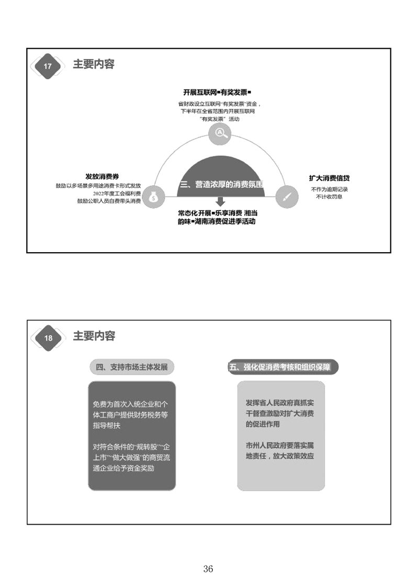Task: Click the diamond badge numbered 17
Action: [48, 66]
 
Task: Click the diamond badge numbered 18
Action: [48, 338]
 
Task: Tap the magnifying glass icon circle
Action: [220, 133]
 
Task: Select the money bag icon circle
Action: [153, 197]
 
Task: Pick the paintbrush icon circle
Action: [287, 197]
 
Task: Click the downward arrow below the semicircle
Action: [221, 201]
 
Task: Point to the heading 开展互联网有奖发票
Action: [217, 92]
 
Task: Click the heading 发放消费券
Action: [102, 176]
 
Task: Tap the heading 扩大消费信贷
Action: [329, 178]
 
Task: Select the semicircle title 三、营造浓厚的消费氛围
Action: [222, 184]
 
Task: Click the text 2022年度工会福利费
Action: [117, 194]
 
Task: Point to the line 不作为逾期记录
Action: [329, 189]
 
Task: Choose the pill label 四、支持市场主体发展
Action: [132, 367]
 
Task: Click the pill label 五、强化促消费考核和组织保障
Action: [283, 367]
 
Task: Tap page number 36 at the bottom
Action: [208, 569]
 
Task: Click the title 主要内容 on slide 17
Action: [94, 64]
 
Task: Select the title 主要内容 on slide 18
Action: [94, 336]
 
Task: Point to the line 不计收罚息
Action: [329, 197]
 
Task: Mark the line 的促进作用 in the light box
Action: [263, 424]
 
